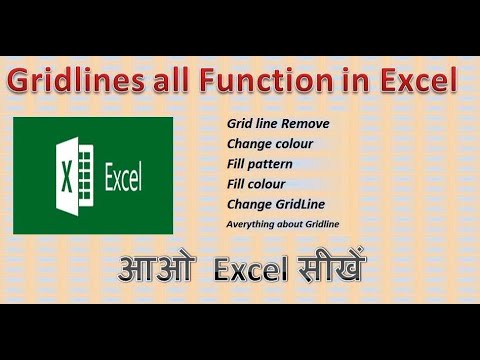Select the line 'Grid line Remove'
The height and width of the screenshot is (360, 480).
click(x=278, y=124)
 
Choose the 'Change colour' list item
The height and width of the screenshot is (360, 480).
click(x=270, y=144)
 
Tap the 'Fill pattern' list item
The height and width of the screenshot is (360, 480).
click(x=263, y=164)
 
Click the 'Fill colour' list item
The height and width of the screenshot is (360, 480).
click(x=257, y=184)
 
